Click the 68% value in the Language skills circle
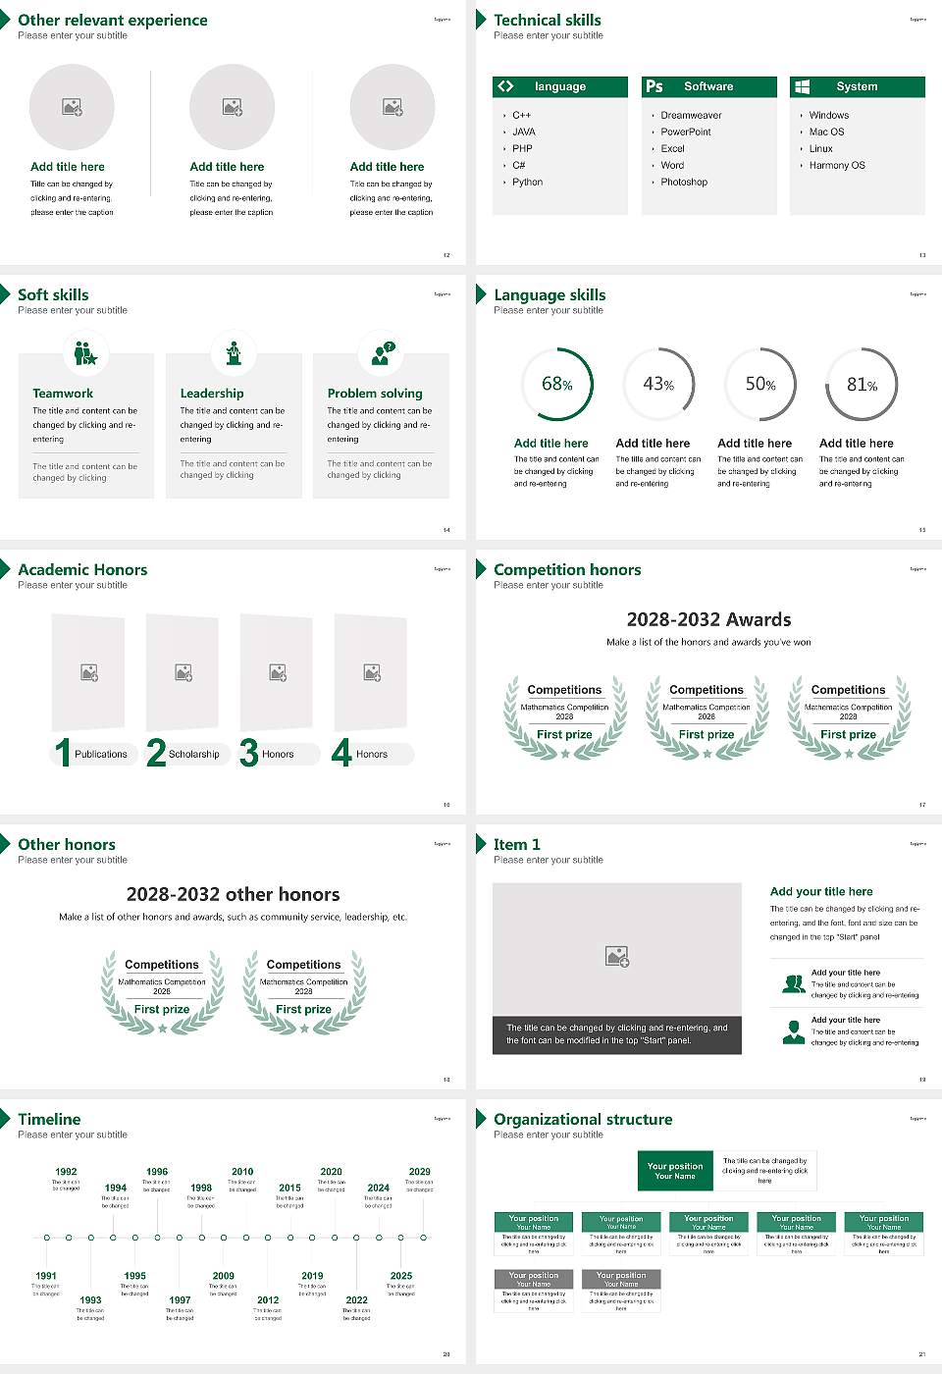556,384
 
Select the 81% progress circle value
862,385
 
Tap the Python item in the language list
527,182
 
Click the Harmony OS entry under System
836,165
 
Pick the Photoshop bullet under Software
683,182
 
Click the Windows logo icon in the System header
802,86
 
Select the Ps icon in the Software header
654,86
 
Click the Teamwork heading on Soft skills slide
63,393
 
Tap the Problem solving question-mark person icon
382,353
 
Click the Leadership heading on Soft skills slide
212,393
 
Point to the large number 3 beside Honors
248,753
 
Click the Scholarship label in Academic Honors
193,754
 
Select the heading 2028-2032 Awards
708,619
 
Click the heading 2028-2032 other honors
233,894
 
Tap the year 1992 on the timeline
66,1171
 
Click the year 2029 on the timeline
419,1171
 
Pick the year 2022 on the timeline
356,1299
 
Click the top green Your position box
675,1171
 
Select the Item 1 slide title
516,844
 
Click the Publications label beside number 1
100,754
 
